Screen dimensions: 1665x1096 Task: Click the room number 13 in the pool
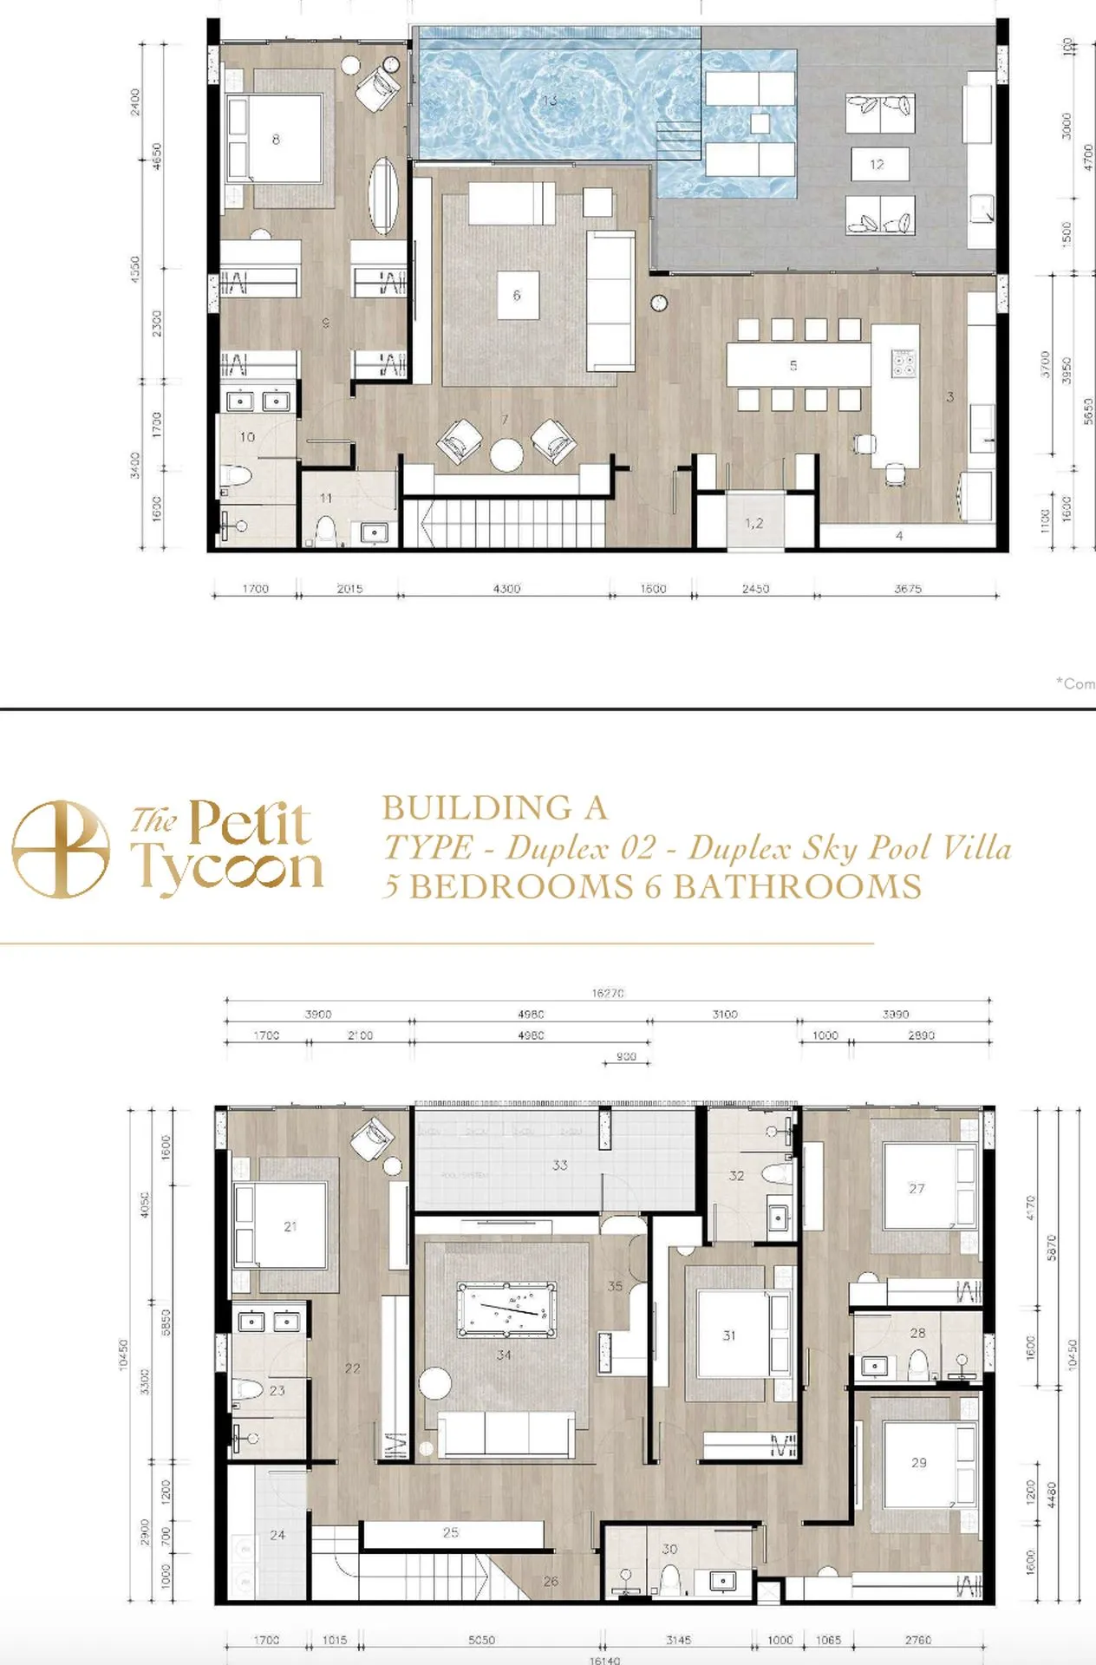point(550,101)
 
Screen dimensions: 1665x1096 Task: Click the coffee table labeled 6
point(517,296)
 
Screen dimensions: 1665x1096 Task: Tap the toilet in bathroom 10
point(236,475)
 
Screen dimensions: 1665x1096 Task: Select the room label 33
point(560,1165)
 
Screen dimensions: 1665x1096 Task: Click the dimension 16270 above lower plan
point(608,993)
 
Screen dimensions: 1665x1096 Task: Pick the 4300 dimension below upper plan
point(506,589)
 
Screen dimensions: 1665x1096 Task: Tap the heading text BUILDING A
point(494,808)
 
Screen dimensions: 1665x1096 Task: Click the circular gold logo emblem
point(61,849)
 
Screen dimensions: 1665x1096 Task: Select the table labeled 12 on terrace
point(877,164)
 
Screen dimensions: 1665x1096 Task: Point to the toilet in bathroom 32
point(778,1174)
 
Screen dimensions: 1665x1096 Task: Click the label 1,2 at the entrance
point(753,523)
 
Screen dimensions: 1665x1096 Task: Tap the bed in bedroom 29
point(919,1463)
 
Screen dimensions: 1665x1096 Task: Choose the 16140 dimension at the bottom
point(604,1660)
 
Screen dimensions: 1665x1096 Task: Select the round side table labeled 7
point(506,454)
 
